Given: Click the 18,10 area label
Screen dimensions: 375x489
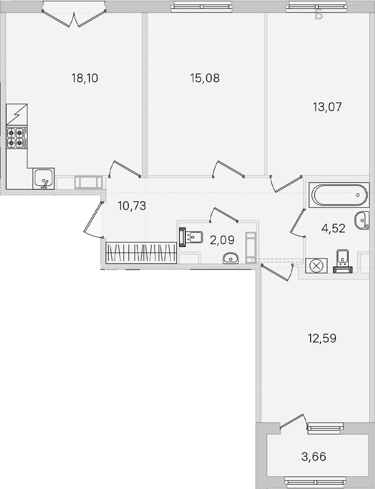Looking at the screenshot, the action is tap(85, 78).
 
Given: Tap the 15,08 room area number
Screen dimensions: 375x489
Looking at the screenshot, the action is tap(205, 78).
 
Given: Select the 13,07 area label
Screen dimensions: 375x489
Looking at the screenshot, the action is tap(327, 107).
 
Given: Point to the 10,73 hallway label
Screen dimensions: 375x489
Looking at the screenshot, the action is tap(132, 206).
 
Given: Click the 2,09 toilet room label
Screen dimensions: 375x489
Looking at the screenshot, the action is tap(222, 240).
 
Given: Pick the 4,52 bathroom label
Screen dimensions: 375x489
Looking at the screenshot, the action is tap(333, 228).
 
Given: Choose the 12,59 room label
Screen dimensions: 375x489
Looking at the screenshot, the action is tap(322, 338).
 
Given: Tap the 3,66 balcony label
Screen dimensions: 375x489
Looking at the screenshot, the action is tap(314, 457).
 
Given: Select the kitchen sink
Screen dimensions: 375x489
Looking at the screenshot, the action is tap(44, 179).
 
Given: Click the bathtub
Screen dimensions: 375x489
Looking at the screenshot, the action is tap(339, 195).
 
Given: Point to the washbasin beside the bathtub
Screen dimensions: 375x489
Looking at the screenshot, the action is tap(362, 220).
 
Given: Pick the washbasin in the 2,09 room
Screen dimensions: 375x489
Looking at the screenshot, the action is tap(231, 258).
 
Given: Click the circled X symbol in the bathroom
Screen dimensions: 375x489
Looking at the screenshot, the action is tap(316, 266).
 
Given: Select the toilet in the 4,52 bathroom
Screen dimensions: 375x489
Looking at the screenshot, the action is tap(342, 261).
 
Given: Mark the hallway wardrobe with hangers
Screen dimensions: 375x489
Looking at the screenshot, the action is tap(141, 253).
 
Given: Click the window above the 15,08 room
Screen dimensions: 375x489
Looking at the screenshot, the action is tap(201, 6).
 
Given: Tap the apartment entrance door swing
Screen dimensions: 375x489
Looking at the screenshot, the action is tap(93, 219).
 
